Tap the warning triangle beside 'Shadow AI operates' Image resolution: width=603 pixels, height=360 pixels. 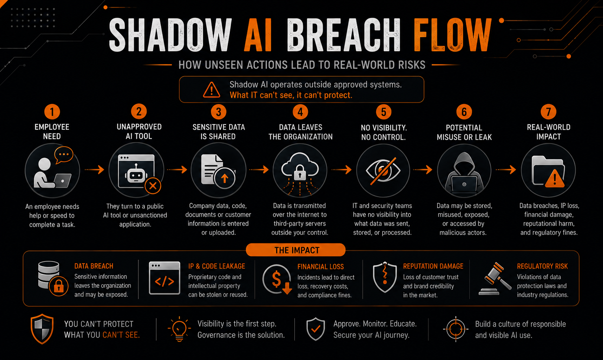point(211,90)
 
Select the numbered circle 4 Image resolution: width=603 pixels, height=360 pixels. point(300,112)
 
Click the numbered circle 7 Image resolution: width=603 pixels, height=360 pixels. point(548,112)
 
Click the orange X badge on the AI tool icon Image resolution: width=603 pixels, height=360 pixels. point(153,186)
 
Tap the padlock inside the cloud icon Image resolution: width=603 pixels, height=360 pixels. point(300,173)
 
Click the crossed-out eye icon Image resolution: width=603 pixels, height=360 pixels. point(383,171)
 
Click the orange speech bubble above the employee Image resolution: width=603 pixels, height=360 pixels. point(63,155)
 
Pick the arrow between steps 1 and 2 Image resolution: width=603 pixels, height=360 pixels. point(94,170)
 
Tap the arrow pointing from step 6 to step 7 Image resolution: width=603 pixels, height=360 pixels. point(506,170)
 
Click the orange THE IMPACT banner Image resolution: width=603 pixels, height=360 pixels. point(296,250)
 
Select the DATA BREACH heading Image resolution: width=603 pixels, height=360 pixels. point(94,266)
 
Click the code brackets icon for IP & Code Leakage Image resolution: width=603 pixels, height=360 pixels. point(164,278)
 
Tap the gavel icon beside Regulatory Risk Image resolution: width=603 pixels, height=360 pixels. point(495,279)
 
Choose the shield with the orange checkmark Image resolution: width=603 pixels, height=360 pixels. point(316,329)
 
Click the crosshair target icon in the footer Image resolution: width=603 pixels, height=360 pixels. point(456,329)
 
